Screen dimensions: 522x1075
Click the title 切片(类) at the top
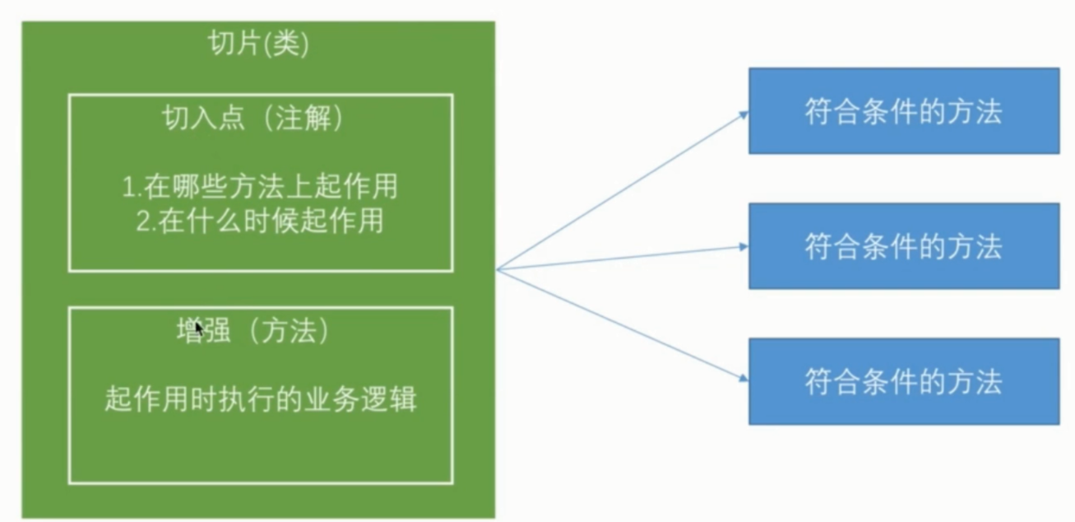[258, 45]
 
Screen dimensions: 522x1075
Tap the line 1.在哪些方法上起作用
[260, 187]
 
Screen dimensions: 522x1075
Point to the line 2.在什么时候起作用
[260, 221]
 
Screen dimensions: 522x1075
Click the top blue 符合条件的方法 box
[903, 111]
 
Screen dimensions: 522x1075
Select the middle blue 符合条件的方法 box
[903, 246]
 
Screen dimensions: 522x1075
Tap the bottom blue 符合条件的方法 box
[903, 381]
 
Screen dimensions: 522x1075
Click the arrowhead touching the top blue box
[744, 114]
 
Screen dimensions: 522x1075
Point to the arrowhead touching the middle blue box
[744, 245]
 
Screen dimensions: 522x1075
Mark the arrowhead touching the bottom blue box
[744, 379]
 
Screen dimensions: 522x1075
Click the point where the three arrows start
[497, 269]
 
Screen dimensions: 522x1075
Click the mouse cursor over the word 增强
[198, 329]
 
